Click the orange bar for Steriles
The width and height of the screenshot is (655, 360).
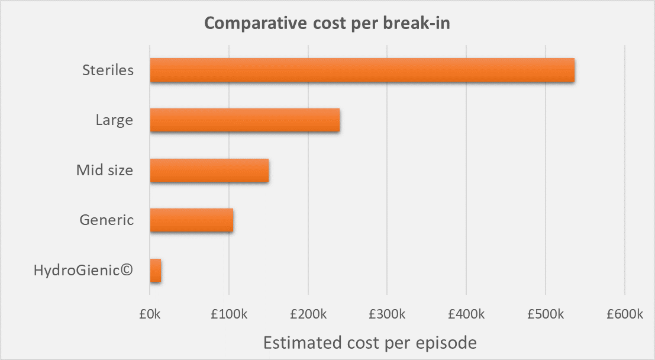pyautogui.click(x=362, y=70)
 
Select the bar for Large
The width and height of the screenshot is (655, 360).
pyautogui.click(x=244, y=120)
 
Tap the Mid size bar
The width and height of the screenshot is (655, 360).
pyautogui.click(x=209, y=171)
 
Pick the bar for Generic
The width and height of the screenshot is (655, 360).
pyautogui.click(x=191, y=220)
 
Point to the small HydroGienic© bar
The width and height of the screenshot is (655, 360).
pyautogui.click(x=156, y=271)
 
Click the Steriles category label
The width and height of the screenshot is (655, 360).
pyautogui.click(x=108, y=70)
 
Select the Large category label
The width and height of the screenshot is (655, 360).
pyautogui.click(x=114, y=120)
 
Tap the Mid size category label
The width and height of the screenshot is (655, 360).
pyautogui.click(x=105, y=171)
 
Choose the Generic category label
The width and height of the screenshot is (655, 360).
pyautogui.click(x=107, y=220)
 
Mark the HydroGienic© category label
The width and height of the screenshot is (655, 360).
pyautogui.click(x=83, y=271)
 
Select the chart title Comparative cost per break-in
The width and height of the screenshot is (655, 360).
pyautogui.click(x=328, y=23)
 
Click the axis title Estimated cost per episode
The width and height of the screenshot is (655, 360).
pyautogui.click(x=370, y=342)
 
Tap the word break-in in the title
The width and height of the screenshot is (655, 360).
pyautogui.click(x=421, y=23)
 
